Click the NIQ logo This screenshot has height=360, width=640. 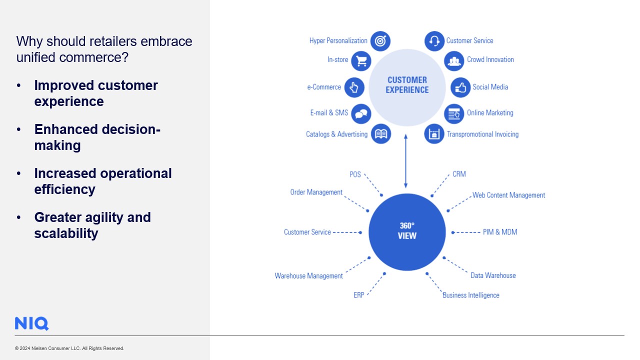click(x=31, y=323)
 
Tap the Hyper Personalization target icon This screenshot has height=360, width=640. click(x=380, y=41)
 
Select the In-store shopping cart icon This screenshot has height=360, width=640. click(x=361, y=60)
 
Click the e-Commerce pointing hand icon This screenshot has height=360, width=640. click(x=354, y=87)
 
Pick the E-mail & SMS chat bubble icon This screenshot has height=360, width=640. click(x=360, y=113)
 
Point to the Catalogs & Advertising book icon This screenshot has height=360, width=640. click(x=381, y=134)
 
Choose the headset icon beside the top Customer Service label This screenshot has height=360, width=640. click(x=434, y=41)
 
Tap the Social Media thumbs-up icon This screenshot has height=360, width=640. click(x=460, y=87)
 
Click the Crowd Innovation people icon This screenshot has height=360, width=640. click(x=454, y=60)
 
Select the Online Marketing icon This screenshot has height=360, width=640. click(x=454, y=113)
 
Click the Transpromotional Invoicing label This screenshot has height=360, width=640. click(x=482, y=134)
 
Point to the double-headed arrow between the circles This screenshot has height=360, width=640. click(x=405, y=160)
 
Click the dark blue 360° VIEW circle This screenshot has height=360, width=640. click(x=407, y=232)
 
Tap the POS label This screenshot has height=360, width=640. click(x=355, y=174)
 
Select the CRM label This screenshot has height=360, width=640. click(x=459, y=174)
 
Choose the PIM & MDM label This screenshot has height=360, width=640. click(x=500, y=232)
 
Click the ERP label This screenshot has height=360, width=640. click(x=359, y=295)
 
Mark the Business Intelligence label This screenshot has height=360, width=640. click(x=470, y=295)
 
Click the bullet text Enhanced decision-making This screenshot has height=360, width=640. click(x=97, y=137)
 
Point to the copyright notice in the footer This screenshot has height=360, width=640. click(x=69, y=348)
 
